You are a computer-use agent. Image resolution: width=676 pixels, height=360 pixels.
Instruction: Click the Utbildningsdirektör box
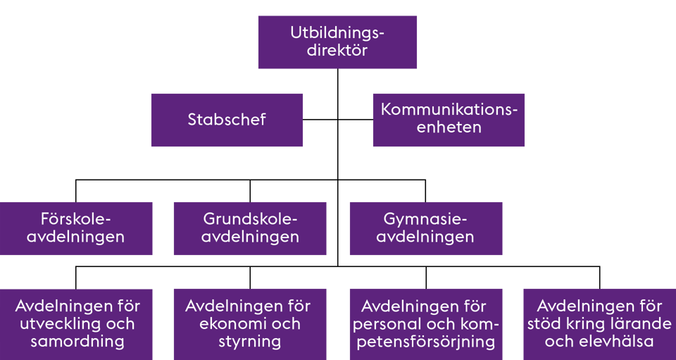(x=337, y=42)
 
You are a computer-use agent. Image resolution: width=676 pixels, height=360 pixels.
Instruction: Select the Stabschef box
(x=227, y=120)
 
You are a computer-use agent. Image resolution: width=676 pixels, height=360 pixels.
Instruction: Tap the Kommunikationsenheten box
(x=449, y=120)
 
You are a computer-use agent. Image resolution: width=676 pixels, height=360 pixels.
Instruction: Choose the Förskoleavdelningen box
(x=76, y=228)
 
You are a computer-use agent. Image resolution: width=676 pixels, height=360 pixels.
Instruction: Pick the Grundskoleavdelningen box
(x=250, y=228)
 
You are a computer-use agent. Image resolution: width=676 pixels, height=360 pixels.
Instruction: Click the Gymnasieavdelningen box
(x=426, y=228)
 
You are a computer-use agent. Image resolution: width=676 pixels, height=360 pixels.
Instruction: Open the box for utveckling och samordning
(x=76, y=324)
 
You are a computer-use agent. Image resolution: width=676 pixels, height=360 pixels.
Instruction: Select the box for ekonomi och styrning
(x=250, y=324)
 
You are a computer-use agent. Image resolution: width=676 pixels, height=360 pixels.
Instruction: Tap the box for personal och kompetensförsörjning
(x=426, y=324)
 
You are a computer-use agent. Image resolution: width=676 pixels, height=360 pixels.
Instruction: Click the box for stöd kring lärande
(x=600, y=324)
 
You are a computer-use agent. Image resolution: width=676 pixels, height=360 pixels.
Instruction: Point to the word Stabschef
(x=227, y=120)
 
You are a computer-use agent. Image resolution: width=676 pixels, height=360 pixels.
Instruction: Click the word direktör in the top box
(x=337, y=51)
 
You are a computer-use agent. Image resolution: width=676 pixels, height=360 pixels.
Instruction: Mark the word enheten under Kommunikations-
(x=449, y=128)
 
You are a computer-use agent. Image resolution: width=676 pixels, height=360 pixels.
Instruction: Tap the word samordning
(x=77, y=342)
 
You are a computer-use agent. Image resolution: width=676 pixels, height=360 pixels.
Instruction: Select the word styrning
(x=250, y=342)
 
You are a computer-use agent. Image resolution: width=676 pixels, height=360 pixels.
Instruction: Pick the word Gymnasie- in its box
(x=425, y=219)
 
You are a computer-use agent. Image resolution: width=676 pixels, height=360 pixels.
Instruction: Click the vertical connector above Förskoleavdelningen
(x=76, y=191)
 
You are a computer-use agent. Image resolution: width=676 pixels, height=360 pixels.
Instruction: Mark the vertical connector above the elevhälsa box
(x=600, y=278)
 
